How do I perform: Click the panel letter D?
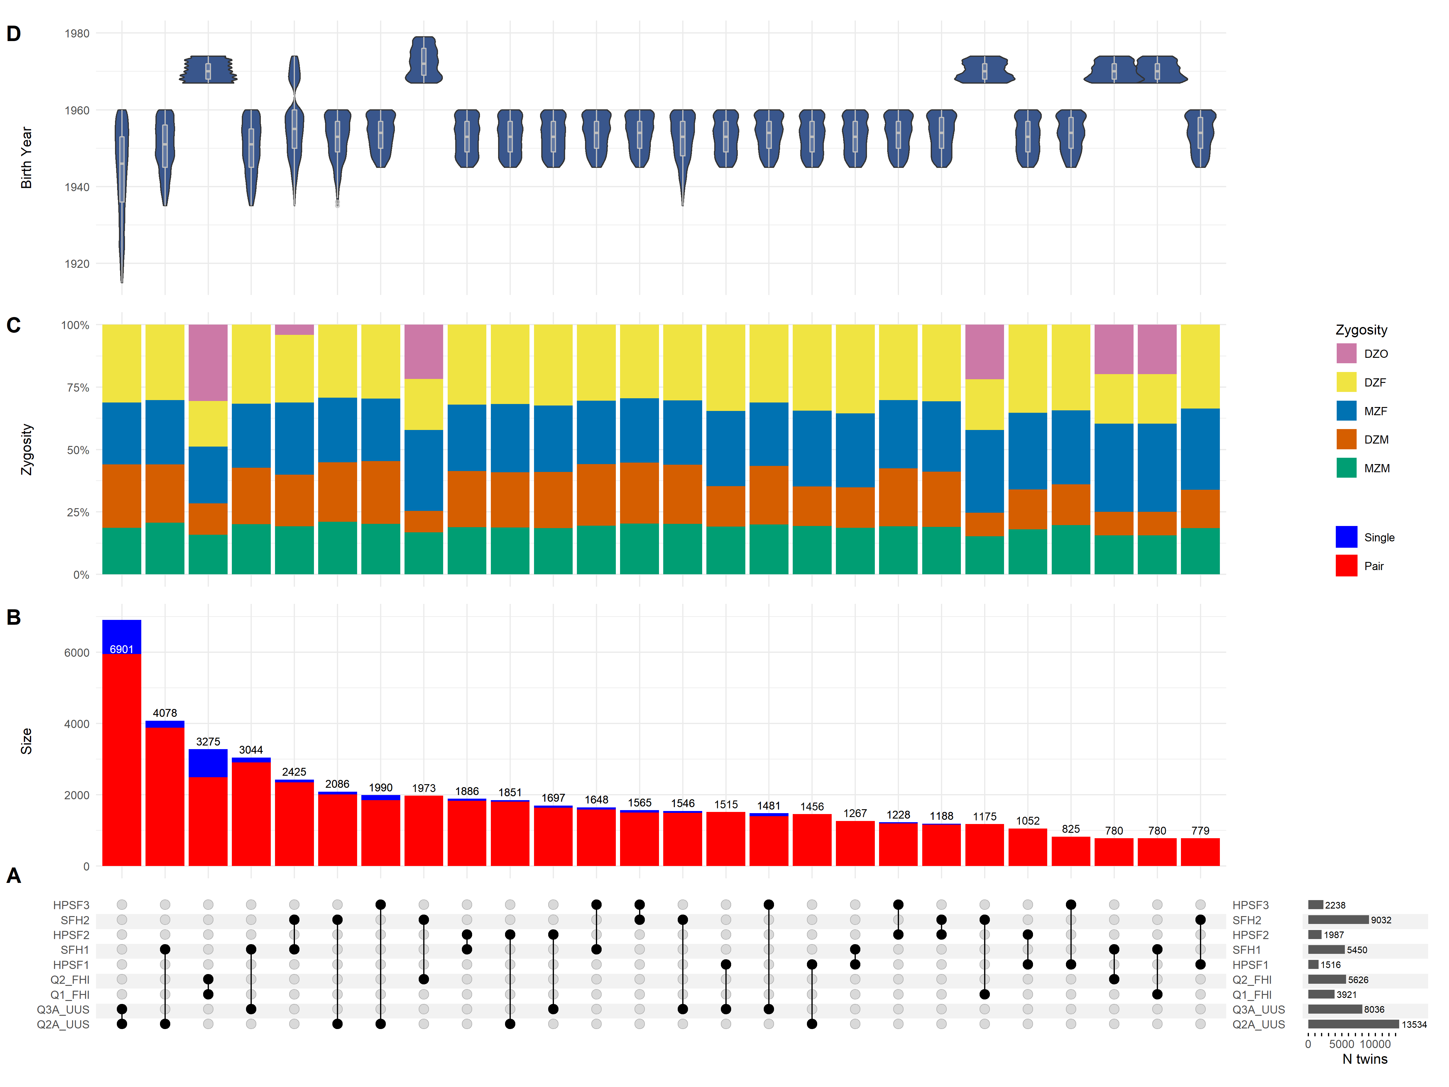tap(14, 34)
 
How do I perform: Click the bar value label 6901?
tap(122, 649)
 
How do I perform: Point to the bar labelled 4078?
tap(165, 796)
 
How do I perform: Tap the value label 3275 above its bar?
tap(208, 742)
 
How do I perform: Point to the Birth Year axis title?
tap(26, 158)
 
